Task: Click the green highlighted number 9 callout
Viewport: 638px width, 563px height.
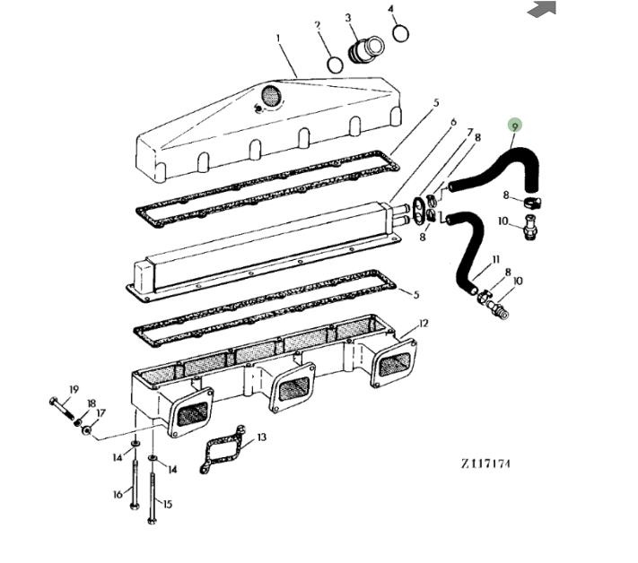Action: [x=515, y=126]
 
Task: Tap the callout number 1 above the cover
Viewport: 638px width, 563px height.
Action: [x=278, y=39]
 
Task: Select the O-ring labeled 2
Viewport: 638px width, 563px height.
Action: [x=335, y=65]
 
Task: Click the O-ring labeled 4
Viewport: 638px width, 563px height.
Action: [x=401, y=33]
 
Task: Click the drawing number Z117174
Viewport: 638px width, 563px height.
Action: [x=485, y=463]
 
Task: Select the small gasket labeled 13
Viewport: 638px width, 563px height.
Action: [x=223, y=448]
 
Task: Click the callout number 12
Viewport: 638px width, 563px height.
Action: [x=424, y=324]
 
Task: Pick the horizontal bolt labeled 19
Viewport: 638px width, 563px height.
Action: [x=62, y=408]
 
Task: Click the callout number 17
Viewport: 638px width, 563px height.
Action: [x=101, y=413]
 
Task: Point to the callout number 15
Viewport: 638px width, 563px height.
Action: [x=168, y=504]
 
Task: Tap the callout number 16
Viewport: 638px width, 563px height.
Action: [x=118, y=494]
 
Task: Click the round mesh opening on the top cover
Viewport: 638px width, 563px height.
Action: [x=271, y=96]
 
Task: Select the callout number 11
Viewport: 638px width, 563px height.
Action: [x=495, y=259]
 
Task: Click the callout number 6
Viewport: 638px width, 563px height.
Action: [x=453, y=122]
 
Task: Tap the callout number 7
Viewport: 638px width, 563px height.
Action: [x=470, y=132]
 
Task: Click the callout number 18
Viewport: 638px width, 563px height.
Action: [x=92, y=403]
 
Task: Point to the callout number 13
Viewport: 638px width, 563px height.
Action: [x=262, y=437]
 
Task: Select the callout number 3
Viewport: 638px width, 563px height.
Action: [x=348, y=18]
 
